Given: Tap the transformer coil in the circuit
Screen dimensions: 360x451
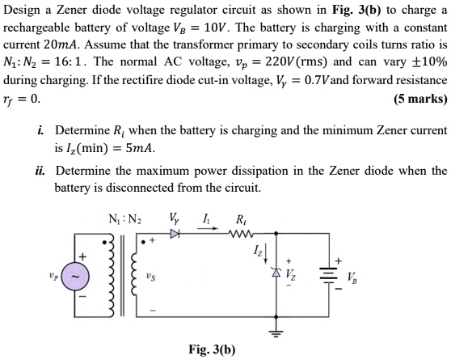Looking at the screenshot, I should click(x=113, y=275).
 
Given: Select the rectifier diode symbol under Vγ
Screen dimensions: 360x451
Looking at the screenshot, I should click(x=175, y=235).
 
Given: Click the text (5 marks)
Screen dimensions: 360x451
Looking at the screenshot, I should click(x=419, y=100).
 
